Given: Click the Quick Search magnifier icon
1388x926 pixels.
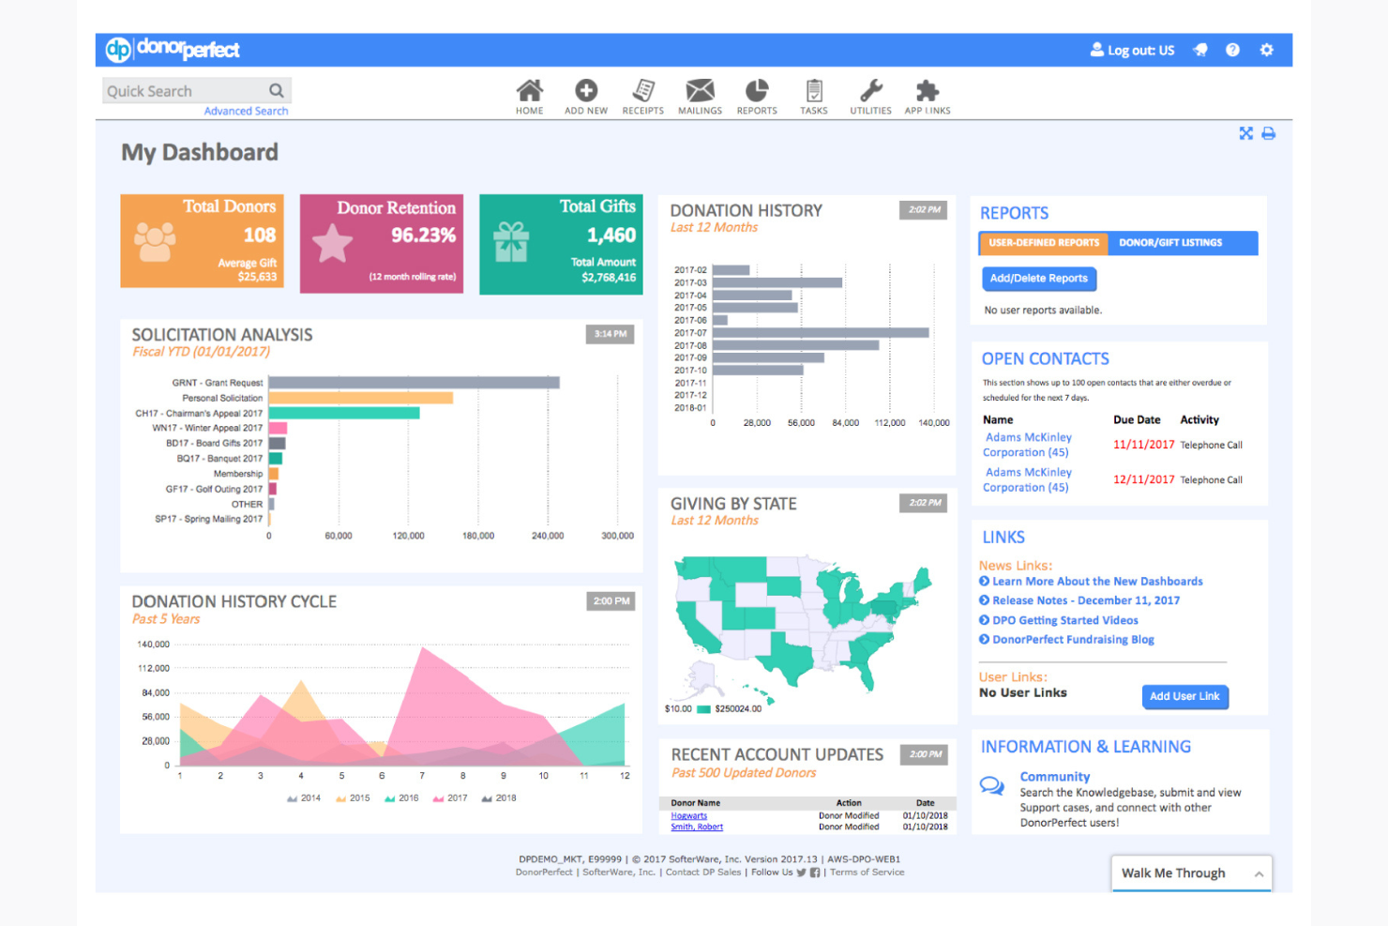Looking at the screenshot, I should (276, 91).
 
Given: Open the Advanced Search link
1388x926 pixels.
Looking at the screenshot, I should (246, 111).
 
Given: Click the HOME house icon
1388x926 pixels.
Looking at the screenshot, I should (529, 91).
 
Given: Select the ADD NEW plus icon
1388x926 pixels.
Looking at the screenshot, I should (586, 91).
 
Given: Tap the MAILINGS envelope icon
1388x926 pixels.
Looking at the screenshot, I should (700, 91).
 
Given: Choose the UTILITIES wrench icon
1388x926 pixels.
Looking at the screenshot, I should (871, 91).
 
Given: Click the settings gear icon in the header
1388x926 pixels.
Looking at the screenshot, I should (1266, 50).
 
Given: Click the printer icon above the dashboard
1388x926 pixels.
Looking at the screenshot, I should (1268, 133).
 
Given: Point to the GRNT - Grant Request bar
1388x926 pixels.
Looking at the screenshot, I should (414, 383).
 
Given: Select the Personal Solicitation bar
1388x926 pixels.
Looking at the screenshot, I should (360, 398).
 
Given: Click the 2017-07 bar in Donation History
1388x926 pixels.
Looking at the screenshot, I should (821, 333).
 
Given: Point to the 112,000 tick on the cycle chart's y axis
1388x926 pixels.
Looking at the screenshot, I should (154, 669).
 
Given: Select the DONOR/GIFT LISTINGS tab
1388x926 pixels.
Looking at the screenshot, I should (1170, 243).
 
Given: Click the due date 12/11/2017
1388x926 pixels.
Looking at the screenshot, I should (1143, 479).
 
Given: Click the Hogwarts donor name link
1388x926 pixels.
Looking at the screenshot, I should (689, 816).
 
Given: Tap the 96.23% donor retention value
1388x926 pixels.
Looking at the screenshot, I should (423, 235).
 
